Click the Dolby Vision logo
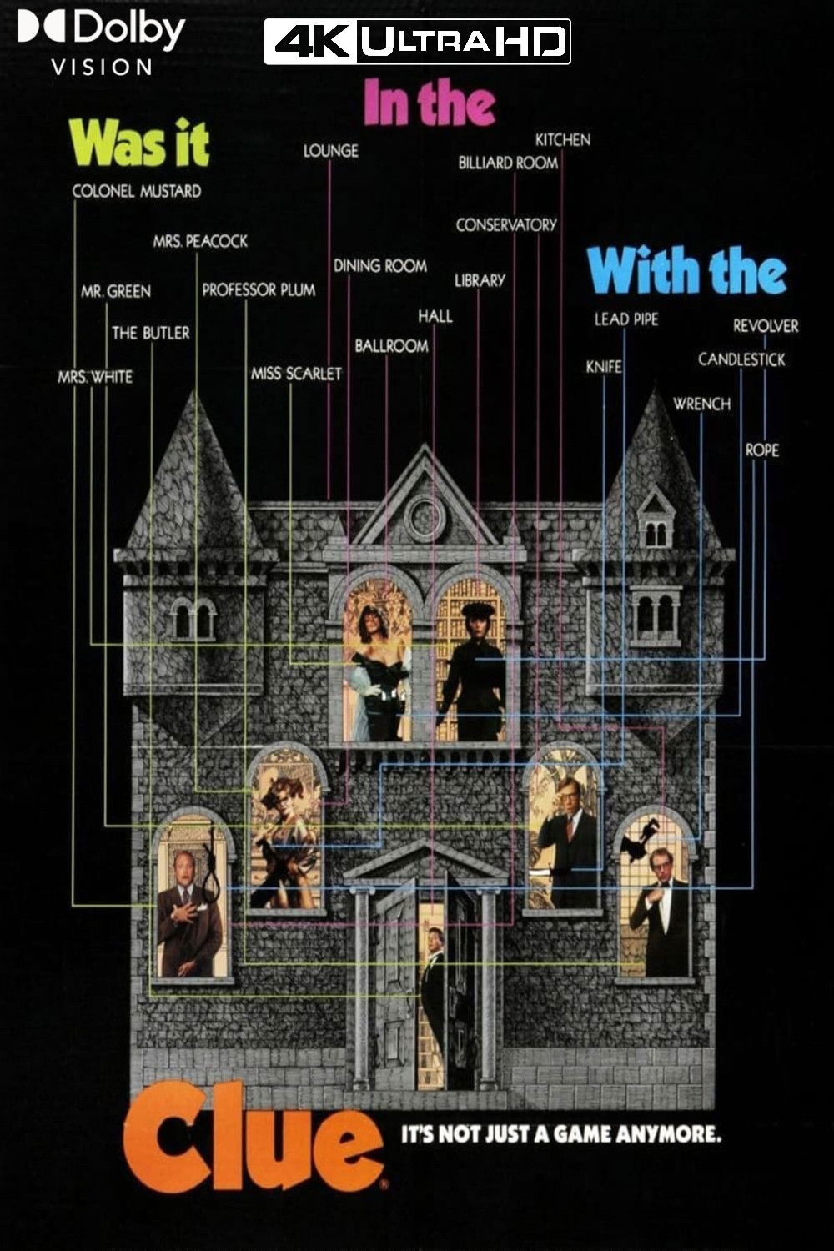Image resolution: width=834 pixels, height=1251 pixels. [100, 42]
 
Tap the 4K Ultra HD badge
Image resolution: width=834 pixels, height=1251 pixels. [417, 42]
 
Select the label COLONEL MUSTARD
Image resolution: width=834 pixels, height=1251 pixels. [137, 191]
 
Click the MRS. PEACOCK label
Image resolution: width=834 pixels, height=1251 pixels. [200, 241]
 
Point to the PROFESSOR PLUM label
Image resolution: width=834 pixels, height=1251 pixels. [259, 290]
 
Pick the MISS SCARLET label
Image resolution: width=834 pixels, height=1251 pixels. [296, 374]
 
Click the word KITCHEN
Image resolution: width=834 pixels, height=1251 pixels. [563, 139]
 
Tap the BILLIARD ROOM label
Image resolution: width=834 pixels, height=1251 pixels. [507, 163]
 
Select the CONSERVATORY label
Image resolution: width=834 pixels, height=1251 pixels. [505, 225]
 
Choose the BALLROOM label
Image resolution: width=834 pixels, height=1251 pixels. [391, 345]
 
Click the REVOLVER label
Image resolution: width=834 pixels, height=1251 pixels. [766, 326]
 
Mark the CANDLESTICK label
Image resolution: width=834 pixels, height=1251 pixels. [741, 359]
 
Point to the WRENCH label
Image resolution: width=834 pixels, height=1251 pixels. [701, 404]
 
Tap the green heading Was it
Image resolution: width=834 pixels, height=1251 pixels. [139, 143]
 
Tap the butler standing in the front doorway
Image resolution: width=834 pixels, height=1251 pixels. [433, 980]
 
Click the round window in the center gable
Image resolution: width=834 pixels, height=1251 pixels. [425, 518]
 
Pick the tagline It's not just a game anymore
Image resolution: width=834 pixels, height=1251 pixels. [561, 1134]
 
